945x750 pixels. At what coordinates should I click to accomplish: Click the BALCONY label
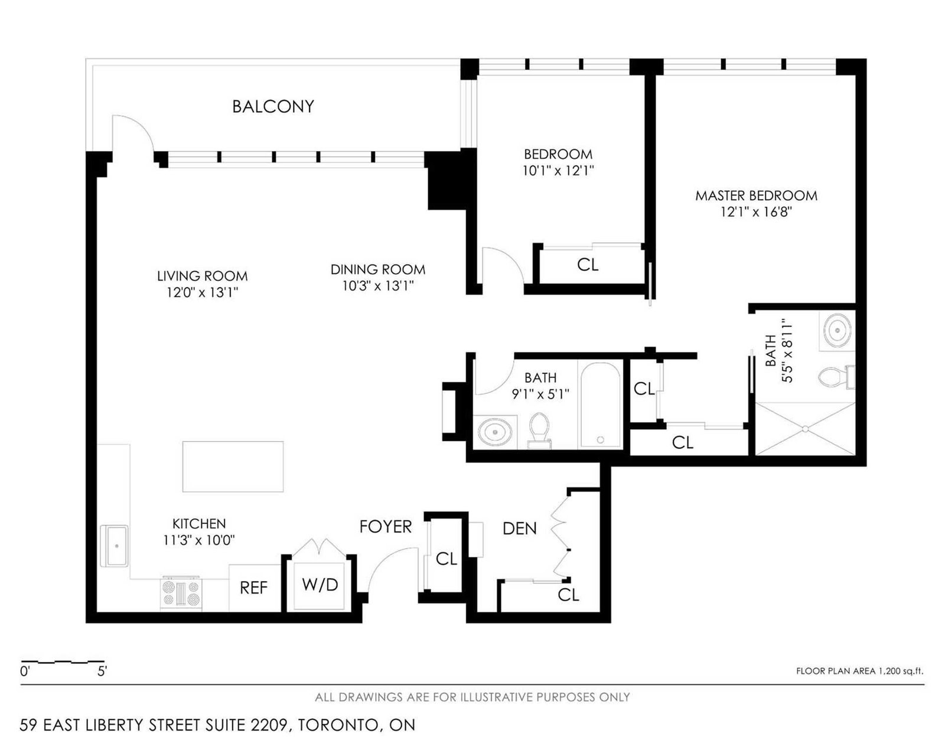[x=273, y=107]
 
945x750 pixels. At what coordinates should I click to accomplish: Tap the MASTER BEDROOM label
[x=756, y=196]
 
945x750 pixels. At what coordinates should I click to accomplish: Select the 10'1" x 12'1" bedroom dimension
[x=558, y=171]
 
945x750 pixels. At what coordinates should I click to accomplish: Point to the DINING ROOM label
[x=377, y=269]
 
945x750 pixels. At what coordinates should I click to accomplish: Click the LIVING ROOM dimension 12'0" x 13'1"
[x=202, y=292]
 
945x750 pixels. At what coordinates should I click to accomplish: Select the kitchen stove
[x=181, y=594]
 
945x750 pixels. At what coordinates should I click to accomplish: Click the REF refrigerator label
[x=254, y=588]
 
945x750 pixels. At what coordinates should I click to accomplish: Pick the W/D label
[x=320, y=585]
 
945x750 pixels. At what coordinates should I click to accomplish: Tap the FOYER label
[x=386, y=527]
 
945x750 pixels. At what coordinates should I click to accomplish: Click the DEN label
[x=520, y=529]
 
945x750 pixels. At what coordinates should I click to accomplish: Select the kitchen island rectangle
[x=233, y=467]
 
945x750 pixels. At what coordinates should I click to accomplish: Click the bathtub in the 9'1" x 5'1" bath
[x=600, y=405]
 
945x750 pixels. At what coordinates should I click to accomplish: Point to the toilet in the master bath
[x=836, y=377]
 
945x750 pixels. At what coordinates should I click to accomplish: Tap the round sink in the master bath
[x=838, y=330]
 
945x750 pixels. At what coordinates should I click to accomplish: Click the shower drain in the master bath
[x=806, y=429]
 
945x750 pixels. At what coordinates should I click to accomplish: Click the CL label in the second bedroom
[x=588, y=265]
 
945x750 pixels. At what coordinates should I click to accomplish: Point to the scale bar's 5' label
[x=102, y=671]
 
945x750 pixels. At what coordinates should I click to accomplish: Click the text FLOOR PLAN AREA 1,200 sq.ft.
[x=859, y=671]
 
